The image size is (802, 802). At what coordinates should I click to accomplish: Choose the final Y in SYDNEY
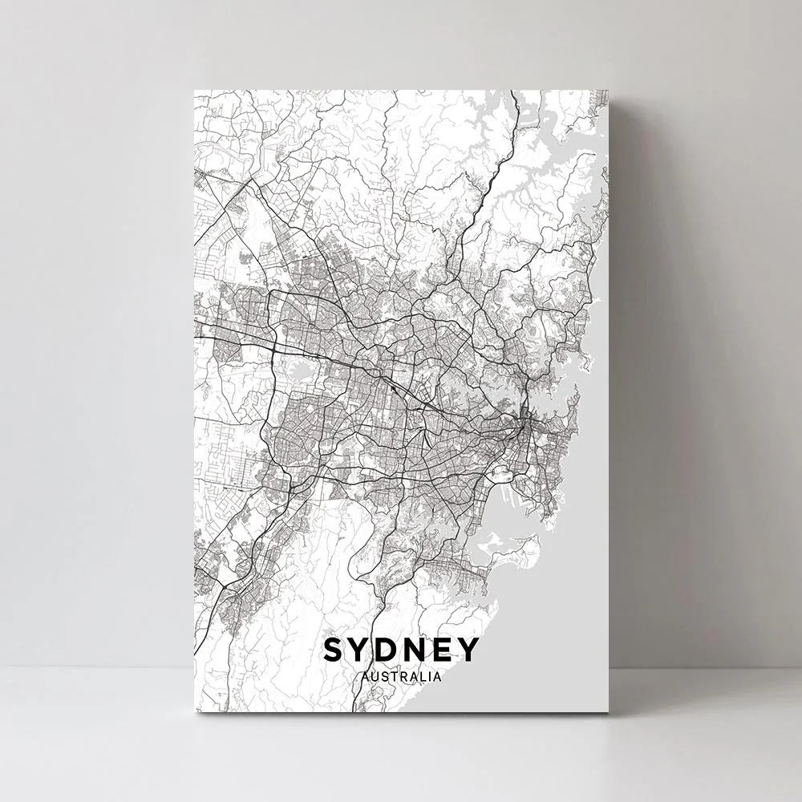coord(468,650)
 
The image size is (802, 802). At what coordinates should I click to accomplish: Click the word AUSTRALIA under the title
coord(401,677)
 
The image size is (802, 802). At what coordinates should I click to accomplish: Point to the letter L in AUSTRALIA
coord(422,677)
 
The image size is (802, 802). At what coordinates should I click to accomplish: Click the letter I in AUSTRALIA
coord(428,677)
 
